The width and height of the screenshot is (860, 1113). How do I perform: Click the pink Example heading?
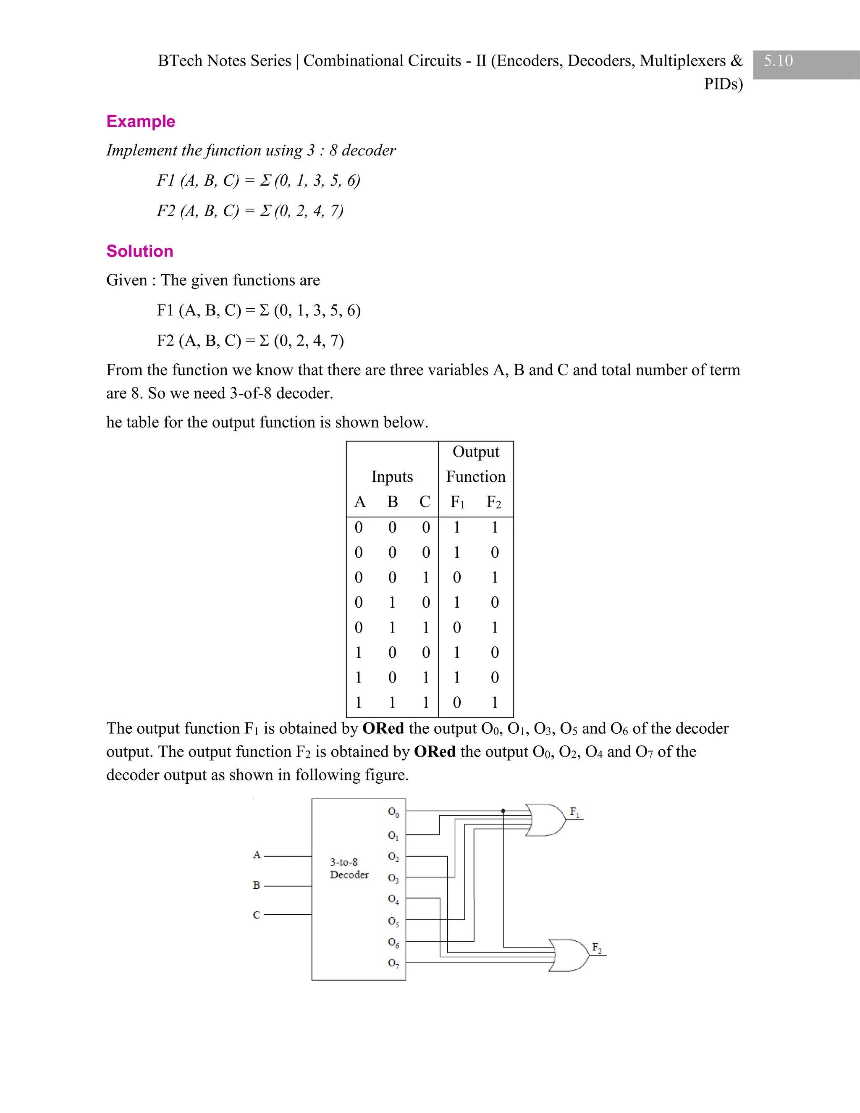click(141, 121)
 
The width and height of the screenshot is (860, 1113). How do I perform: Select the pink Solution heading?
click(139, 251)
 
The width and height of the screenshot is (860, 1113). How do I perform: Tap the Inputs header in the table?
click(392, 477)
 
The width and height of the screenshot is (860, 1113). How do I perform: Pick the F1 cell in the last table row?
click(457, 703)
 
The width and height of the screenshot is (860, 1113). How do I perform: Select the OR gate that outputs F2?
click(569, 955)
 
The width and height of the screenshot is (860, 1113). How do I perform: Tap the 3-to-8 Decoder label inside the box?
click(349, 869)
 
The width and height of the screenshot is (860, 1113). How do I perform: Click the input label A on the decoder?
click(257, 855)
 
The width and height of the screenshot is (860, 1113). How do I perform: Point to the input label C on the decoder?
click(257, 915)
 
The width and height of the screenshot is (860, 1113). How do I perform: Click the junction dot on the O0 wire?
click(503, 811)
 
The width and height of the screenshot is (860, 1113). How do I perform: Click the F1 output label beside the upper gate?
click(574, 812)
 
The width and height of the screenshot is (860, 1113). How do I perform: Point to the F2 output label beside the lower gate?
click(597, 948)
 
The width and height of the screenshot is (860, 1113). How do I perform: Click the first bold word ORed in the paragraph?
click(383, 728)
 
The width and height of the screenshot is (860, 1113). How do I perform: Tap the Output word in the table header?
click(476, 452)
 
